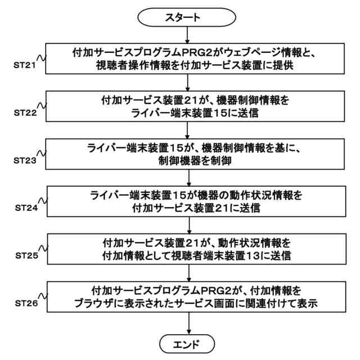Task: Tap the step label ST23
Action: point(25,160)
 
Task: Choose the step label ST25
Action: point(25,255)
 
